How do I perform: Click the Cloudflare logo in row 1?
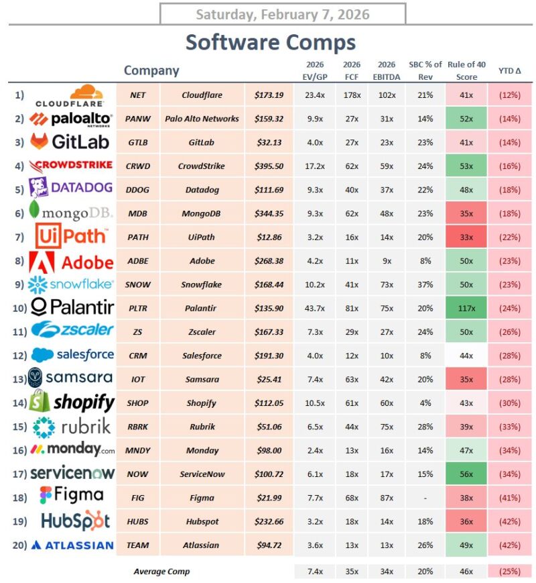click(x=69, y=95)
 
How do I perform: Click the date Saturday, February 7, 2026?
click(x=282, y=14)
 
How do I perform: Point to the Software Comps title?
click(x=271, y=42)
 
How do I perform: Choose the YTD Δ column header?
click(x=510, y=70)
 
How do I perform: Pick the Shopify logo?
click(x=72, y=402)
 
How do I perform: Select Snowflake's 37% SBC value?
click(x=424, y=284)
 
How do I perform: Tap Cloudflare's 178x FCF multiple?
click(x=352, y=95)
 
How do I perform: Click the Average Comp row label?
click(x=161, y=572)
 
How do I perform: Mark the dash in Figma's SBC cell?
click(x=424, y=498)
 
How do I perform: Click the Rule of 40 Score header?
click(x=466, y=70)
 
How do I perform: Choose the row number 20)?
click(x=19, y=545)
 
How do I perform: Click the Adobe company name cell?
click(x=202, y=261)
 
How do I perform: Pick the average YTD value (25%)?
click(x=510, y=572)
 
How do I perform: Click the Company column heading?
click(x=151, y=70)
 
